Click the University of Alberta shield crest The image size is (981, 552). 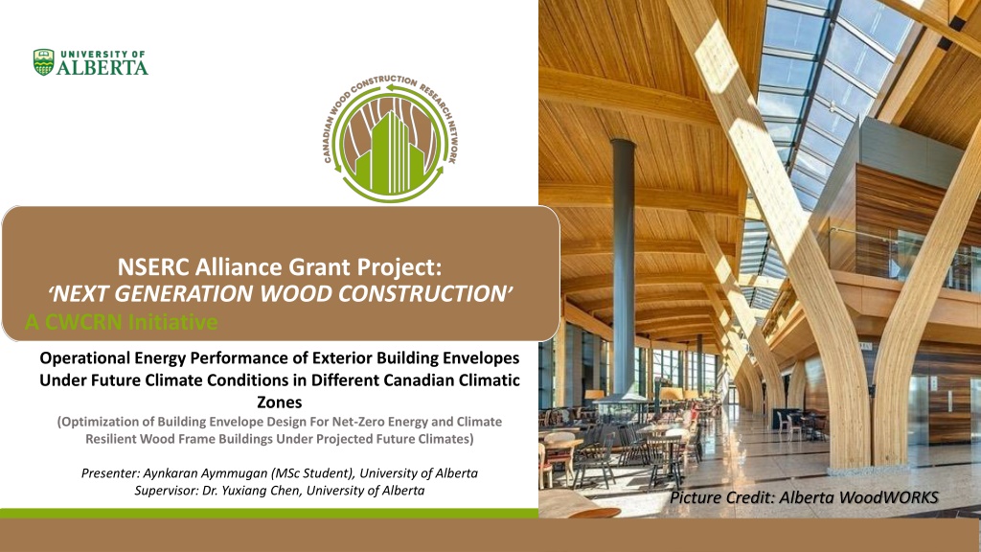[x=44, y=62]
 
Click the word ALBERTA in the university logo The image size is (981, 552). [x=103, y=68]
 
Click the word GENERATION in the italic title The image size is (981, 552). [x=223, y=293]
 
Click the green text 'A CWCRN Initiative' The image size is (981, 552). [x=122, y=322]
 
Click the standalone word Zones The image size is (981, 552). [x=280, y=402]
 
